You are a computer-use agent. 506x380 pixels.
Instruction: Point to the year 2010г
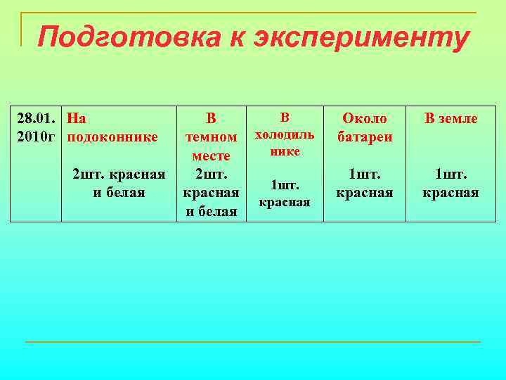click(x=36, y=135)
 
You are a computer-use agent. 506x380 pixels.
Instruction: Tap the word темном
click(x=210, y=137)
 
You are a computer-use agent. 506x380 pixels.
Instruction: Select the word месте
click(x=211, y=155)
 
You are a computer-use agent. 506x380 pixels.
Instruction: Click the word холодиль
click(x=285, y=134)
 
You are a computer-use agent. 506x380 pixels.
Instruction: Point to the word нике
click(x=284, y=151)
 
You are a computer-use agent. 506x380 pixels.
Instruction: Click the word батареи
click(x=364, y=136)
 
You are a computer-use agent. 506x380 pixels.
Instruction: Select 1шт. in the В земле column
click(x=450, y=174)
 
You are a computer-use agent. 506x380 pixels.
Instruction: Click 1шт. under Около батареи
click(x=364, y=174)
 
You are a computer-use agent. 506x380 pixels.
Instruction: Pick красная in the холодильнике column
click(x=284, y=203)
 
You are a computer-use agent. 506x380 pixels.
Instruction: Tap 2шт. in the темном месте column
click(x=210, y=174)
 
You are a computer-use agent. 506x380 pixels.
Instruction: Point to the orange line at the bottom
click(x=253, y=342)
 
